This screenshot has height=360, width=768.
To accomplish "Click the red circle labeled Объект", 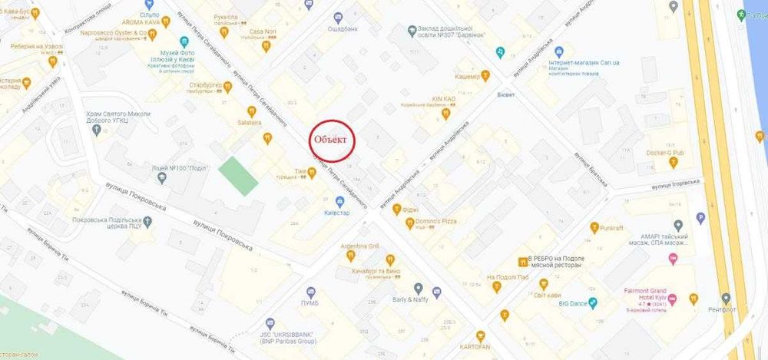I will click(333, 140).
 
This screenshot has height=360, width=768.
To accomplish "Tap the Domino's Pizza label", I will click(437, 221).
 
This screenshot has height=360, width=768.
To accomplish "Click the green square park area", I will click(238, 176).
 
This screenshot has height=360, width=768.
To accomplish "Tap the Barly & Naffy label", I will click(411, 299).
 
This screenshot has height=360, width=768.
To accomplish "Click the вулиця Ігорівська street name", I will click(677, 183).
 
